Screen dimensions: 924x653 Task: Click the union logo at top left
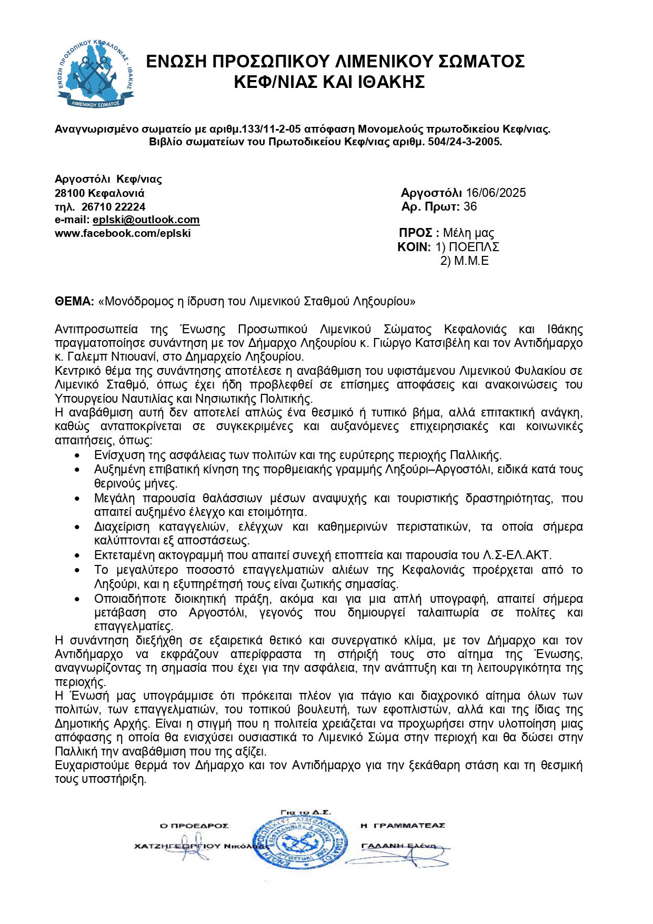(95, 74)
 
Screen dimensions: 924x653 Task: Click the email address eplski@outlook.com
(146, 220)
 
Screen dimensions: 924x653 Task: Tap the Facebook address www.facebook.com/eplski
(123, 234)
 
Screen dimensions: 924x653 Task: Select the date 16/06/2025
(496, 193)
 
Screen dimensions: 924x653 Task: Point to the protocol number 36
(470, 206)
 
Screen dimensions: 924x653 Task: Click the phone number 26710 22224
(113, 207)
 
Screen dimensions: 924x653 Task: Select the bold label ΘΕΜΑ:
(74, 301)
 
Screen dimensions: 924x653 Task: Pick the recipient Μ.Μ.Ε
(471, 261)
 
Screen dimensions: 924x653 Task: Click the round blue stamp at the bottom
(299, 843)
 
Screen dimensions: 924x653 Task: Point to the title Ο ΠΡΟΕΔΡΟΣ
(194, 826)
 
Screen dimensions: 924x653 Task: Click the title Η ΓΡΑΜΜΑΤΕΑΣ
(403, 826)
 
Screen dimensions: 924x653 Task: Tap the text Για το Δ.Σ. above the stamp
(306, 812)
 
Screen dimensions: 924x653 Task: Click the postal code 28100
(70, 193)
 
